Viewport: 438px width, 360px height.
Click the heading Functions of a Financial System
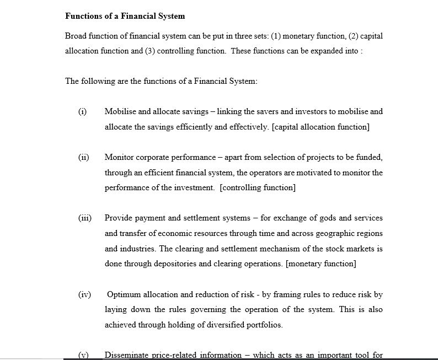(125, 16)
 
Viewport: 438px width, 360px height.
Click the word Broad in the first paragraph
(76, 36)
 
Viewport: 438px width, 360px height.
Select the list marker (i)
(82, 111)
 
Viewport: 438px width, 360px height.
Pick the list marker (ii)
(83, 157)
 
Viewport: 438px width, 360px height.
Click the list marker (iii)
(84, 218)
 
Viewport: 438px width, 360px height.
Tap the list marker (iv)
(84, 294)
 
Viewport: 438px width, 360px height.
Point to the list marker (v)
(83, 355)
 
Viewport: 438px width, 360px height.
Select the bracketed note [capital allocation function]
(321, 127)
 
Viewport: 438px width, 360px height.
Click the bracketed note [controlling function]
(258, 187)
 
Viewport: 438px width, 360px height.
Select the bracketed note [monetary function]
(321, 264)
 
